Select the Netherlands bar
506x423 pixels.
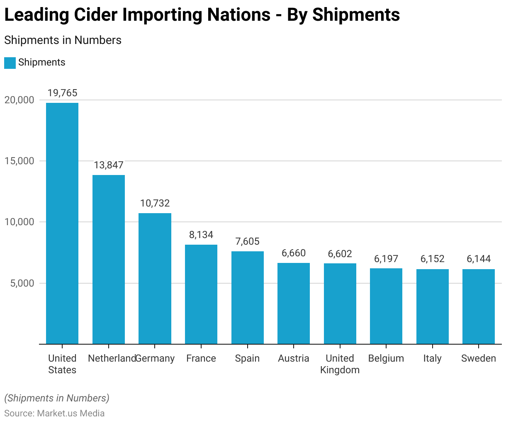[x=109, y=259]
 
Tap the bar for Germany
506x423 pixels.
[x=155, y=278]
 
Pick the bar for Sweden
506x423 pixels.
[x=479, y=306]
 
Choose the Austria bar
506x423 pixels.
[x=294, y=303]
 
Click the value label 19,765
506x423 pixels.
[x=62, y=93]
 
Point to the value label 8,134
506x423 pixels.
[x=201, y=235]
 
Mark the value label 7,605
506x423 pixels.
[x=248, y=241]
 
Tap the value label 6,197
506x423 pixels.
[x=386, y=259]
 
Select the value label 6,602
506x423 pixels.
[x=340, y=254]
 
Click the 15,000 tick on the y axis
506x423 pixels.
[x=19, y=161]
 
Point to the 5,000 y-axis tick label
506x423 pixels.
[x=22, y=283]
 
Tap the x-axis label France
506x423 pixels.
[x=201, y=358]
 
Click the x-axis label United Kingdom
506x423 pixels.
[x=340, y=364]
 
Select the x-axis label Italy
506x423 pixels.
[x=432, y=358]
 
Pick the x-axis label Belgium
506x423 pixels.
[x=386, y=358]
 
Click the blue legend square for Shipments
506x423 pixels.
[x=10, y=63]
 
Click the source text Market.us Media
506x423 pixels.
[x=71, y=413]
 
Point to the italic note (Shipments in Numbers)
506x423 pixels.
[x=57, y=398]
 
